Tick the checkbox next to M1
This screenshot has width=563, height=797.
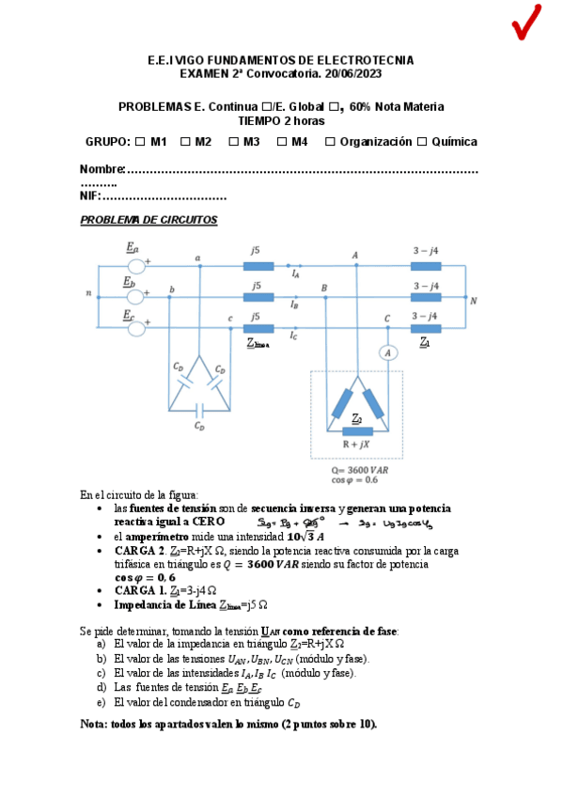(140, 142)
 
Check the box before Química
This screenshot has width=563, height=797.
(422, 142)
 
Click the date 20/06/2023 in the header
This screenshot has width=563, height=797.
(351, 73)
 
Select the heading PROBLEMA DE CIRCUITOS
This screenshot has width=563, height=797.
(149, 220)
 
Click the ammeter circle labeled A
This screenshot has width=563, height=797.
(383, 352)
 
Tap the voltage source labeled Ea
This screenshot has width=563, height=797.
(135, 266)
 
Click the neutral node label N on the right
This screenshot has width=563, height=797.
(474, 301)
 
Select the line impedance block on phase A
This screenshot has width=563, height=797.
(258, 266)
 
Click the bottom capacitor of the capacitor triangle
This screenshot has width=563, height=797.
(199, 410)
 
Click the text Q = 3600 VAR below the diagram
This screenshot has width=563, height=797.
(357, 468)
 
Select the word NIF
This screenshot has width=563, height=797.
(89, 196)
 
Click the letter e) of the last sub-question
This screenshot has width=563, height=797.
(101, 701)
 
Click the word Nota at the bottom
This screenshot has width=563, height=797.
(95, 724)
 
